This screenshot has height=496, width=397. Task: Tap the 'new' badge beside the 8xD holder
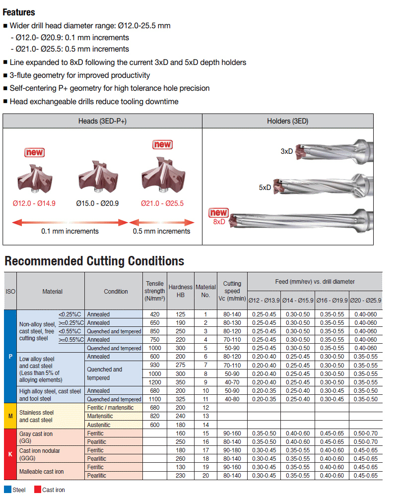pos(218,213)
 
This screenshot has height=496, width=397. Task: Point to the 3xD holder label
pos(286,151)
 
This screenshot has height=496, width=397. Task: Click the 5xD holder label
pos(265,188)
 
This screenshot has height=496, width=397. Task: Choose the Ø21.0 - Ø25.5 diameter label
pos(162,203)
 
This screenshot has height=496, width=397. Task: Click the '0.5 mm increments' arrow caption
pos(161,231)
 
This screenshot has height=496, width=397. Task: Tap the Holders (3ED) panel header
pos(288,121)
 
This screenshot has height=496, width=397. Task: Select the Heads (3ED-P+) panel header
pos(102,121)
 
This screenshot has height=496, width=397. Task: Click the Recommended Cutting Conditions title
pos(94,261)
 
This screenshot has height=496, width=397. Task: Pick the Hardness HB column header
pos(180,291)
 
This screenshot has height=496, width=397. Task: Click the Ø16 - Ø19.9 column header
pos(331,300)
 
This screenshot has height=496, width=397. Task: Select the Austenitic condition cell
pos(100,425)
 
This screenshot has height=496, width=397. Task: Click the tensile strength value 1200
pos(155,382)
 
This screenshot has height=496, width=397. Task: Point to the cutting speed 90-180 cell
pos(232,450)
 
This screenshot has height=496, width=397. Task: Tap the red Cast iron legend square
pos(37,490)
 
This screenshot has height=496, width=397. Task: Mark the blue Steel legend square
pos(8,490)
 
